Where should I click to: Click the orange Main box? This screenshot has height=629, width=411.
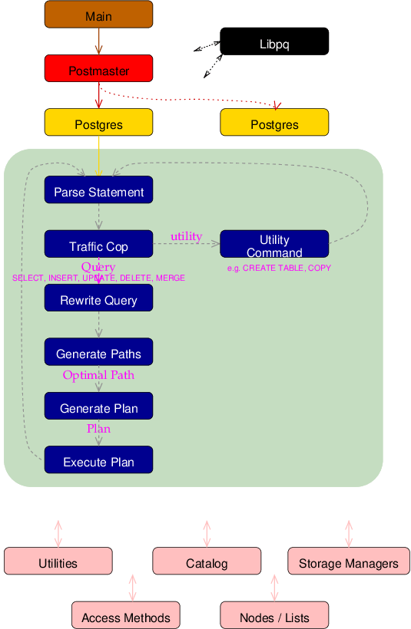point(98,15)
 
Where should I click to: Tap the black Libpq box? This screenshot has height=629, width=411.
point(274,41)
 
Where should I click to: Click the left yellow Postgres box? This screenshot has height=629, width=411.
point(98,123)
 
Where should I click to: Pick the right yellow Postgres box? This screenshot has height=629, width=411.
point(274,123)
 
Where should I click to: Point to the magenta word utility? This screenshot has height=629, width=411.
point(186,236)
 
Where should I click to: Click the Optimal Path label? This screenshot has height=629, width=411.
point(98,375)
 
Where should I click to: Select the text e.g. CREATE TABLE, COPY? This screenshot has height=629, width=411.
point(279,268)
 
